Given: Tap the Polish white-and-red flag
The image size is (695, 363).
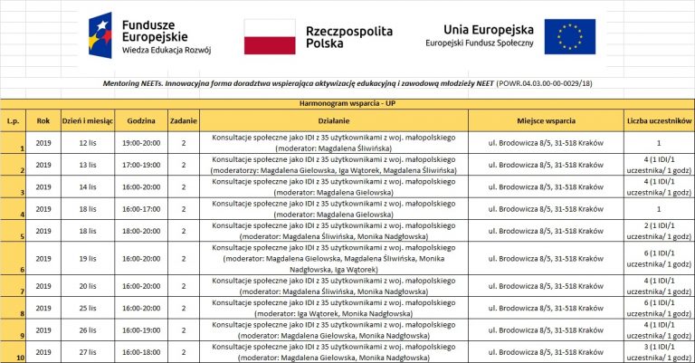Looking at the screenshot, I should (270, 36).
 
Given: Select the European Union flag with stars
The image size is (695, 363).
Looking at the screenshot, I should (570, 36).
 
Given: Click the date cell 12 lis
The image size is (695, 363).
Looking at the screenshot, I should (88, 142).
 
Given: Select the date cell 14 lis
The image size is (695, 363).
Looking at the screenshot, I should (88, 186).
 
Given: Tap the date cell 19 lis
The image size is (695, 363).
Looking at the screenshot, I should (88, 258).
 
